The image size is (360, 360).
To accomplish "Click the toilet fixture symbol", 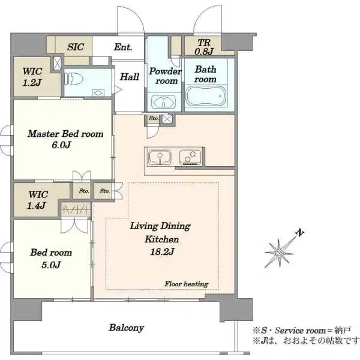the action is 73,79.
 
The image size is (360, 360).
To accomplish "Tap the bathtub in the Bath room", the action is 206,96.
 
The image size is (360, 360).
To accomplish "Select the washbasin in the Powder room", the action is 163,101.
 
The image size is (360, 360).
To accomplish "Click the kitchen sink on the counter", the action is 160,157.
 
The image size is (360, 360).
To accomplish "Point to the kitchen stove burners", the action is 190,157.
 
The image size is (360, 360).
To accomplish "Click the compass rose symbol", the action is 280,253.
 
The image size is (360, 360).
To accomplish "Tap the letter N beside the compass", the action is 299,233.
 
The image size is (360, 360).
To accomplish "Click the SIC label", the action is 76,47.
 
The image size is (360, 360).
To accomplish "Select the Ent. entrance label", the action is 123,47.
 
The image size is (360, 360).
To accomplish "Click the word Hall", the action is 130,77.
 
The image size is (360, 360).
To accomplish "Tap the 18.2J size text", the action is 162,252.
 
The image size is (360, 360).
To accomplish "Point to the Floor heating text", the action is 187,284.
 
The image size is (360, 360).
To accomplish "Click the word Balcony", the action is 126,328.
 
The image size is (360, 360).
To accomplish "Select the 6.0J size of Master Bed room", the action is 61,145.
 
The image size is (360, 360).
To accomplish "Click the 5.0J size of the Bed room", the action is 51,265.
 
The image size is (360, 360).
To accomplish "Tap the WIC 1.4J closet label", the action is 37,200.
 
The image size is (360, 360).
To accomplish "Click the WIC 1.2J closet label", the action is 32,77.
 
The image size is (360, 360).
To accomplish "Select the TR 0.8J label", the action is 204,47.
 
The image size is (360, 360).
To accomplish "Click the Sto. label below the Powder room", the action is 154,118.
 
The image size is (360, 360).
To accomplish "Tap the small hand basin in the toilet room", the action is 98,93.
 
